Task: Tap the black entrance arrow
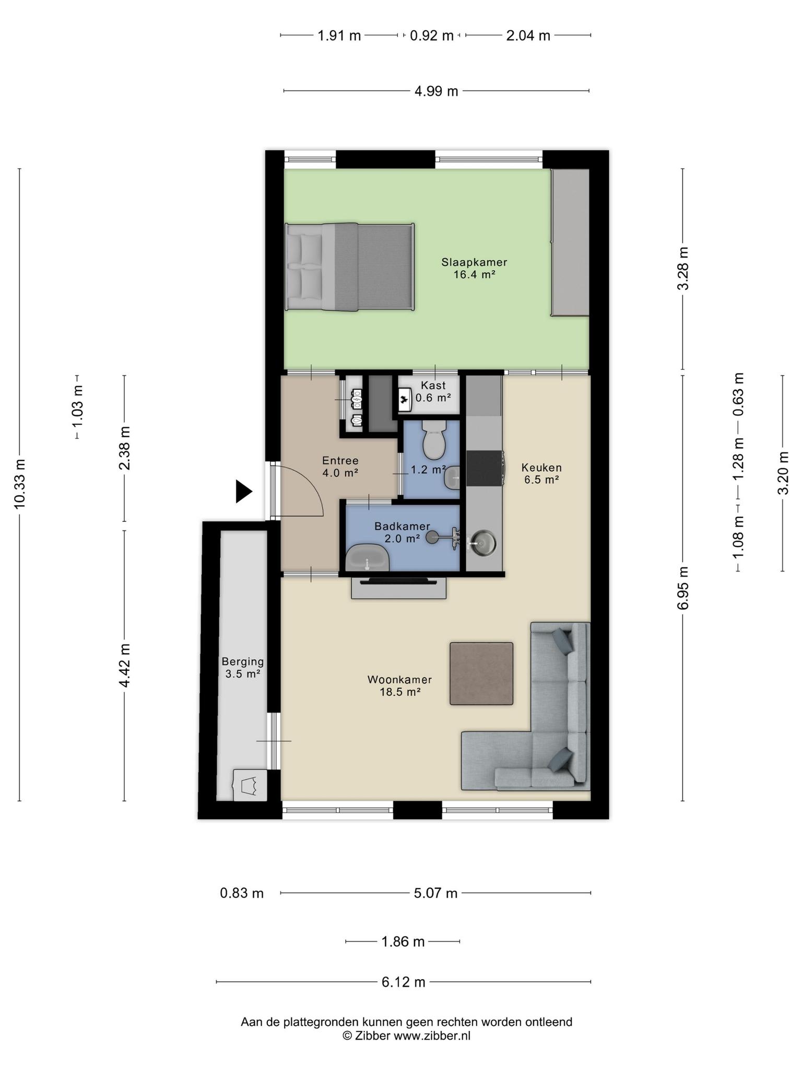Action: click(243, 491)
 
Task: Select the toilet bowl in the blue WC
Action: click(433, 441)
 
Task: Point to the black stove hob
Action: click(485, 468)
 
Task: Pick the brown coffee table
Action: click(481, 673)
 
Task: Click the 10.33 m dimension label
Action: click(20, 483)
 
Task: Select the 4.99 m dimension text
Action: click(437, 91)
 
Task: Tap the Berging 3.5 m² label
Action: click(243, 668)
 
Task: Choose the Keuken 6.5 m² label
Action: click(541, 474)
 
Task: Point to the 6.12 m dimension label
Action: click(403, 982)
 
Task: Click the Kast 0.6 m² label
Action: click(433, 391)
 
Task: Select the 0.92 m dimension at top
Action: click(432, 36)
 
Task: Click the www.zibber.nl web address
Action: click(432, 1036)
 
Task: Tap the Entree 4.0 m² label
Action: click(340, 467)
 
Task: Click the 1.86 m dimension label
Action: click(403, 942)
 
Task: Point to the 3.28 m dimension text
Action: click(683, 269)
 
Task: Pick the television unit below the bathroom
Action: click(399, 587)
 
